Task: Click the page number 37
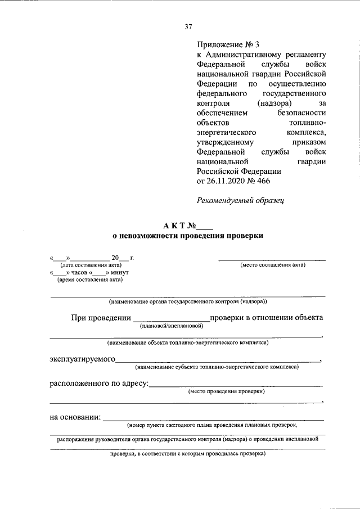(x=188, y=26)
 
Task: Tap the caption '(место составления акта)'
(x=272, y=265)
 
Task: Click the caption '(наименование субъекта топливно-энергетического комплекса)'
(x=217, y=367)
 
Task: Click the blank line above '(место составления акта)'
(x=272, y=260)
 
